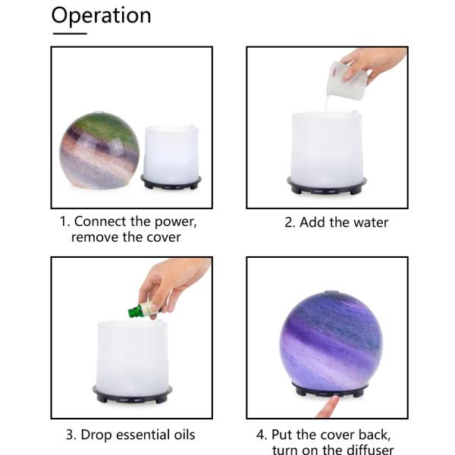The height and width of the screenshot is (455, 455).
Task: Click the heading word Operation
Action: point(101,16)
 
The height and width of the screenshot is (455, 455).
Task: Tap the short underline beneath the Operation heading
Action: point(69,33)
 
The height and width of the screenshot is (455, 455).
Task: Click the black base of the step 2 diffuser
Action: point(326,186)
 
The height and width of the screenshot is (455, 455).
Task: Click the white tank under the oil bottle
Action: point(132,353)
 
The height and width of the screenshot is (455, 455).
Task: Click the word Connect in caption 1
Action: point(105,222)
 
